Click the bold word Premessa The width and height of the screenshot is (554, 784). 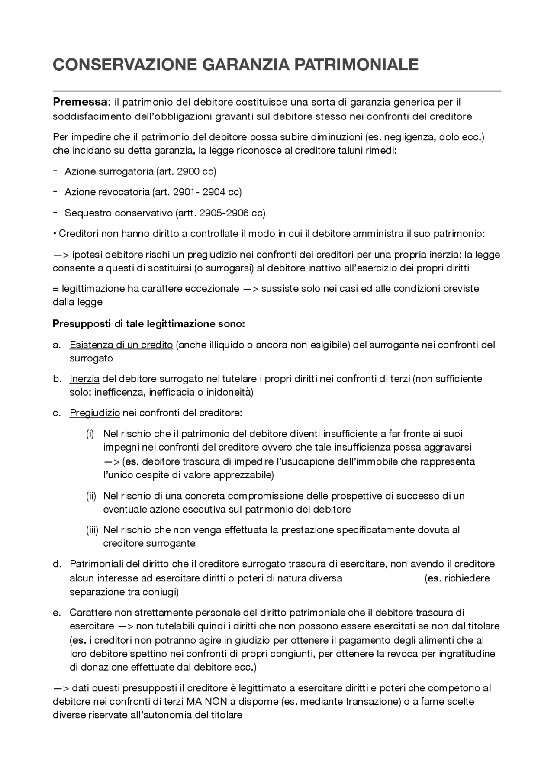click(x=80, y=102)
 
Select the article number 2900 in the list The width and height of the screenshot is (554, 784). click(x=188, y=171)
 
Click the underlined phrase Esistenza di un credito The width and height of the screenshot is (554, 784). click(x=121, y=345)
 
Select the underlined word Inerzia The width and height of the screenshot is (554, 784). click(x=84, y=379)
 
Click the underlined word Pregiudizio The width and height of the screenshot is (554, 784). click(x=94, y=413)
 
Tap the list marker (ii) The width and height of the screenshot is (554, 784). click(x=91, y=496)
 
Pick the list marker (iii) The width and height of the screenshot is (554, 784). click(x=92, y=530)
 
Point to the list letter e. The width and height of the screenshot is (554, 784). click(x=56, y=613)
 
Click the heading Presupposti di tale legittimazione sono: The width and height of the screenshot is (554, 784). click(x=148, y=324)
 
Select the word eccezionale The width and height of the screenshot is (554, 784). click(x=212, y=288)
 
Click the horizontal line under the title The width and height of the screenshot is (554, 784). click(x=277, y=91)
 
